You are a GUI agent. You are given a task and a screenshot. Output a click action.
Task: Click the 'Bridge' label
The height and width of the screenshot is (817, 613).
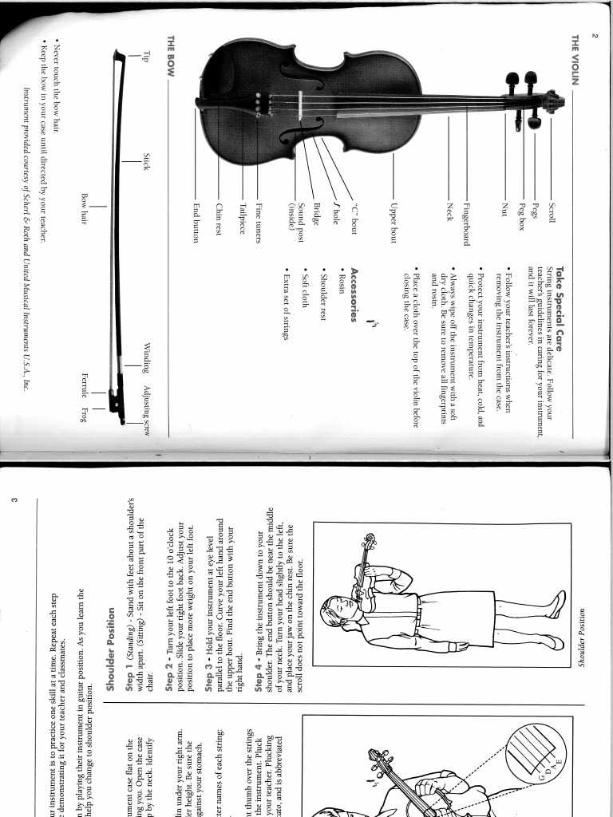(317, 212)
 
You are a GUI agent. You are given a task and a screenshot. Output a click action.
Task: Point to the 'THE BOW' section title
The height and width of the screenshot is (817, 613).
(170, 54)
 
